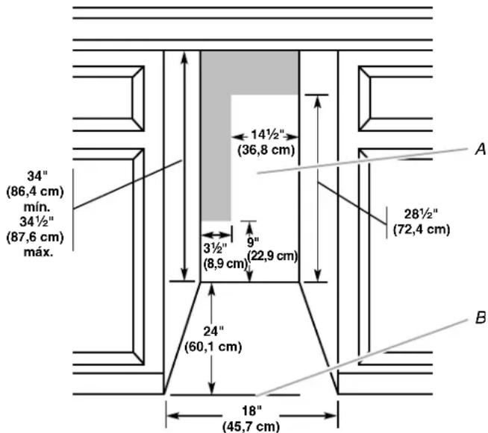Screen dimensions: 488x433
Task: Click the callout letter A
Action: point(481,149)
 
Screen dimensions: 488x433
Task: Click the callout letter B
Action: point(481,318)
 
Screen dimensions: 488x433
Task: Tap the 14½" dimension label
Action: point(268,135)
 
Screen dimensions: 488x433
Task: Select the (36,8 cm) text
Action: point(266,150)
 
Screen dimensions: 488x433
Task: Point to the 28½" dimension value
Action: point(421,214)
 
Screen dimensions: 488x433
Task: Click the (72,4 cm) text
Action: point(422,230)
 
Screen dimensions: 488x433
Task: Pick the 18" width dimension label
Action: point(251,411)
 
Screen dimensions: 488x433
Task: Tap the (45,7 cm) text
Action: point(251,426)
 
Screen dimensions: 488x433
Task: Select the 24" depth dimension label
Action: point(213,332)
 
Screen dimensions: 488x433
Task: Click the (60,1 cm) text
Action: point(213,347)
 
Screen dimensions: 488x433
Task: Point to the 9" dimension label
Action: point(253,242)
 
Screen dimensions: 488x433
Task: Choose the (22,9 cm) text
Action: point(272,256)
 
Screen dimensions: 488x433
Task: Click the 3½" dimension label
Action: point(215,249)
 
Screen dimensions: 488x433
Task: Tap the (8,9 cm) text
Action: point(225,264)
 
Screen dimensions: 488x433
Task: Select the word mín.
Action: point(37,206)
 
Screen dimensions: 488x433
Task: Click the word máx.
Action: point(38,252)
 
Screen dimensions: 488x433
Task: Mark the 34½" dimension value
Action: point(37,222)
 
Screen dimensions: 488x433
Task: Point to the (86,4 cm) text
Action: point(35,192)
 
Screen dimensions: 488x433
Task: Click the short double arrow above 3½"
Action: point(216,234)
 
